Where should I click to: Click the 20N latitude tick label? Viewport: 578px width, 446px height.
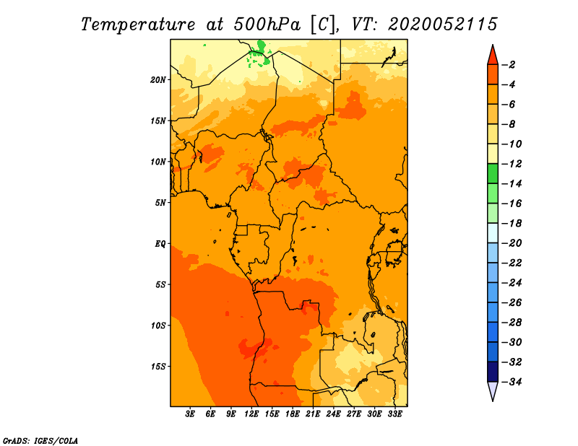click(x=158, y=80)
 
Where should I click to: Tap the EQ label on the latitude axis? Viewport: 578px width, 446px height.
click(x=160, y=244)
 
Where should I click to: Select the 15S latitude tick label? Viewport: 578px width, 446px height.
click(x=158, y=367)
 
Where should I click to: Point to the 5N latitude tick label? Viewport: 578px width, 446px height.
click(x=160, y=203)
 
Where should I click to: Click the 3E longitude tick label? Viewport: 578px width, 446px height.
click(x=189, y=414)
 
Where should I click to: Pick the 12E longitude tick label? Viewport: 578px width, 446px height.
click(x=251, y=414)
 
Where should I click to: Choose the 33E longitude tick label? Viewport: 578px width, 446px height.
click(x=394, y=414)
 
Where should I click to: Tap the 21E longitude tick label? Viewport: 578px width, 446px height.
click(x=313, y=414)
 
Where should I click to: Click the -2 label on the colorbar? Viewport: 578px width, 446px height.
click(x=509, y=65)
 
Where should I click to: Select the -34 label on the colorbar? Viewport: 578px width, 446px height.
click(x=512, y=382)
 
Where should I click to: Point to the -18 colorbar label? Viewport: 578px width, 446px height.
click(x=512, y=223)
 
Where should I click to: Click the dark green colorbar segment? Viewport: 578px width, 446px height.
click(x=493, y=173)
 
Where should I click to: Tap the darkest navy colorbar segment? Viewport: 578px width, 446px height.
click(x=493, y=372)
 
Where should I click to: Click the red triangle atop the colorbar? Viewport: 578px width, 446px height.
click(x=493, y=56)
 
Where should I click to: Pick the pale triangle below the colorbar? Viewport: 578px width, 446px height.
click(x=493, y=390)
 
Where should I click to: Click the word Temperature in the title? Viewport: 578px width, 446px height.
click(x=138, y=25)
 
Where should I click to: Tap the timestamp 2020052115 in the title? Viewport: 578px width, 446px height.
click(x=443, y=25)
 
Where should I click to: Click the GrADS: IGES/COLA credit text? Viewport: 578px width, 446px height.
click(x=40, y=441)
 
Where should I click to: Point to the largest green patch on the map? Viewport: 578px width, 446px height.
click(x=261, y=46)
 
